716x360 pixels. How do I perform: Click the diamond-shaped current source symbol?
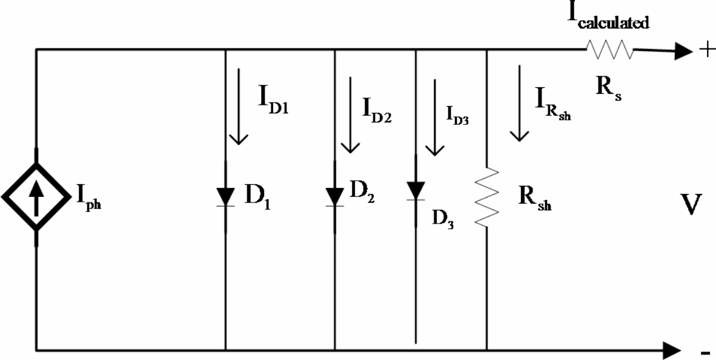pos(36,196)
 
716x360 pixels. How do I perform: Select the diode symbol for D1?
pos(226,196)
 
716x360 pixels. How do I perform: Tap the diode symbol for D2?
pos(334,196)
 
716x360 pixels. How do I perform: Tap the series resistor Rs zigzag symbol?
pos(609,51)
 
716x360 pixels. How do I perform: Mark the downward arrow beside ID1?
pos(239,106)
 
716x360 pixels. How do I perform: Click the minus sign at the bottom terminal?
pos(705,352)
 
